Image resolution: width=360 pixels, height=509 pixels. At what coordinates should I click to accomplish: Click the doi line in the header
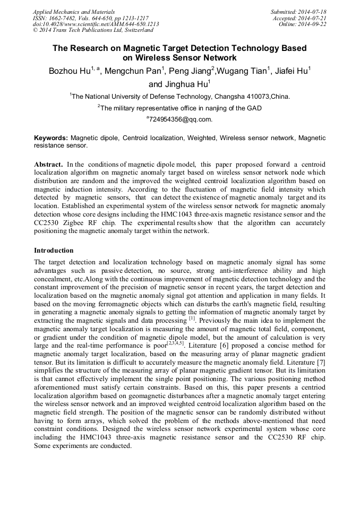[x=96, y=24]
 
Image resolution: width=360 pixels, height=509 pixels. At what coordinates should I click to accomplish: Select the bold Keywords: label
[x=51, y=138]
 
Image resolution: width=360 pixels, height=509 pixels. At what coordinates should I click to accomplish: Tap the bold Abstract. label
[x=49, y=165]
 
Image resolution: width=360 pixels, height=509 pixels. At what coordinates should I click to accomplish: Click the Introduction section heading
[x=54, y=250]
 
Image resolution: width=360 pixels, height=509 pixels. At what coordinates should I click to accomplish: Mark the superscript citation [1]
[x=193, y=320]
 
